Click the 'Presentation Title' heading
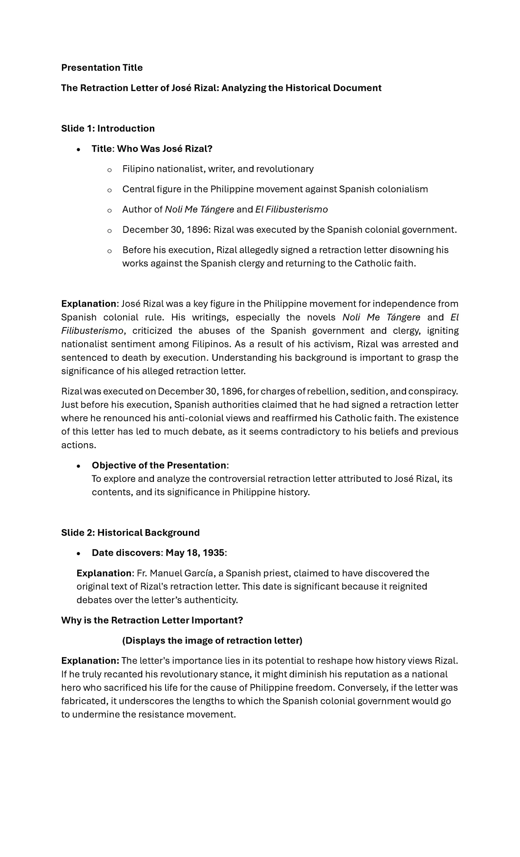(x=102, y=68)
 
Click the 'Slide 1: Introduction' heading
(x=108, y=128)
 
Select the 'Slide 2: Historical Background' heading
(x=130, y=533)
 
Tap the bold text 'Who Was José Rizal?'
(x=165, y=149)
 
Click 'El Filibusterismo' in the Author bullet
(x=291, y=209)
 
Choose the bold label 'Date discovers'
(x=126, y=553)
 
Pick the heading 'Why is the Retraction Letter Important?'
(x=152, y=620)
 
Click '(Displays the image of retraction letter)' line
(x=212, y=641)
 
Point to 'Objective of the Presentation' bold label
(x=159, y=465)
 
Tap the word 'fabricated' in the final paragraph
(x=83, y=701)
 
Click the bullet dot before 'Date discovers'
(x=78, y=553)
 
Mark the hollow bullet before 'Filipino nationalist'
(x=109, y=170)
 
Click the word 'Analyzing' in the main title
(x=244, y=88)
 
